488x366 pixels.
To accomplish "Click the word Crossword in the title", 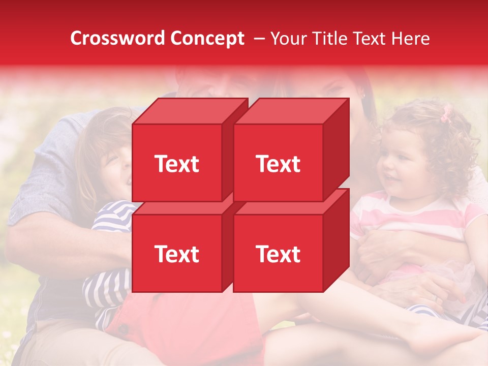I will coord(117,39).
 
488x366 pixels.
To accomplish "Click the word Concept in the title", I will coord(207,39).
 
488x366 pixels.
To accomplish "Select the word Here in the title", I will coord(410,39).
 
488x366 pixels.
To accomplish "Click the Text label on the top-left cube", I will coord(176,164).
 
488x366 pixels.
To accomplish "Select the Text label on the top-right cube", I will coord(278,164).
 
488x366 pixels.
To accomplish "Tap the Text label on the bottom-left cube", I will coord(176,254).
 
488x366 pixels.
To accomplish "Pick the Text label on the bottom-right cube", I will coord(278,254).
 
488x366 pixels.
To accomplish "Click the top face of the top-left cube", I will coord(189,111).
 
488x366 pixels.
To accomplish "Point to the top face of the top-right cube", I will coord(291,111).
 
